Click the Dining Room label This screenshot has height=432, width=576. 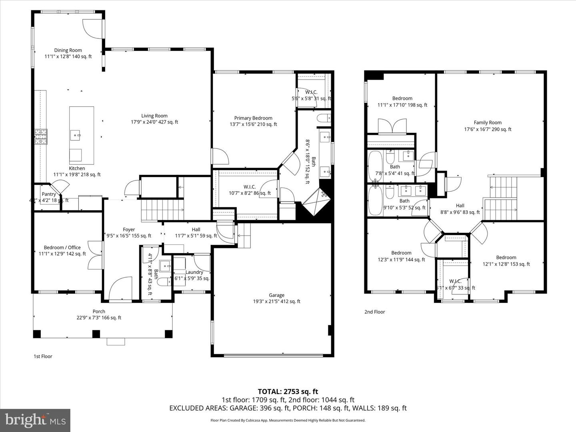point(68,50)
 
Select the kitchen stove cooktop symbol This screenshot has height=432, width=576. point(41,136)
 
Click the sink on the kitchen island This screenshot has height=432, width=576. point(76,135)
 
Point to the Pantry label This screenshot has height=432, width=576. point(49,194)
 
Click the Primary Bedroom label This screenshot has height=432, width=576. point(253,118)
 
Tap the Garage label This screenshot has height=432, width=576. point(276,295)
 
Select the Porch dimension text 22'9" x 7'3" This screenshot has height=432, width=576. point(99,318)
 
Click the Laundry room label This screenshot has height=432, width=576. point(194,272)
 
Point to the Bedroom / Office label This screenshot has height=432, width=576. point(62,248)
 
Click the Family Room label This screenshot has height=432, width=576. point(488,123)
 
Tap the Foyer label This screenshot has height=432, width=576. point(129,230)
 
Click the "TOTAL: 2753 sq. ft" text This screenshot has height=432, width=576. point(288,392)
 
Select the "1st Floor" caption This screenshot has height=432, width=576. point(42,356)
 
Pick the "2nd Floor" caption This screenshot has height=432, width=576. point(374,312)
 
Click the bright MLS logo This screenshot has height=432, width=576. point(35,420)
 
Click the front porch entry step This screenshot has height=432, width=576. point(116,342)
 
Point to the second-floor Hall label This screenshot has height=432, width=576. point(460,206)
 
